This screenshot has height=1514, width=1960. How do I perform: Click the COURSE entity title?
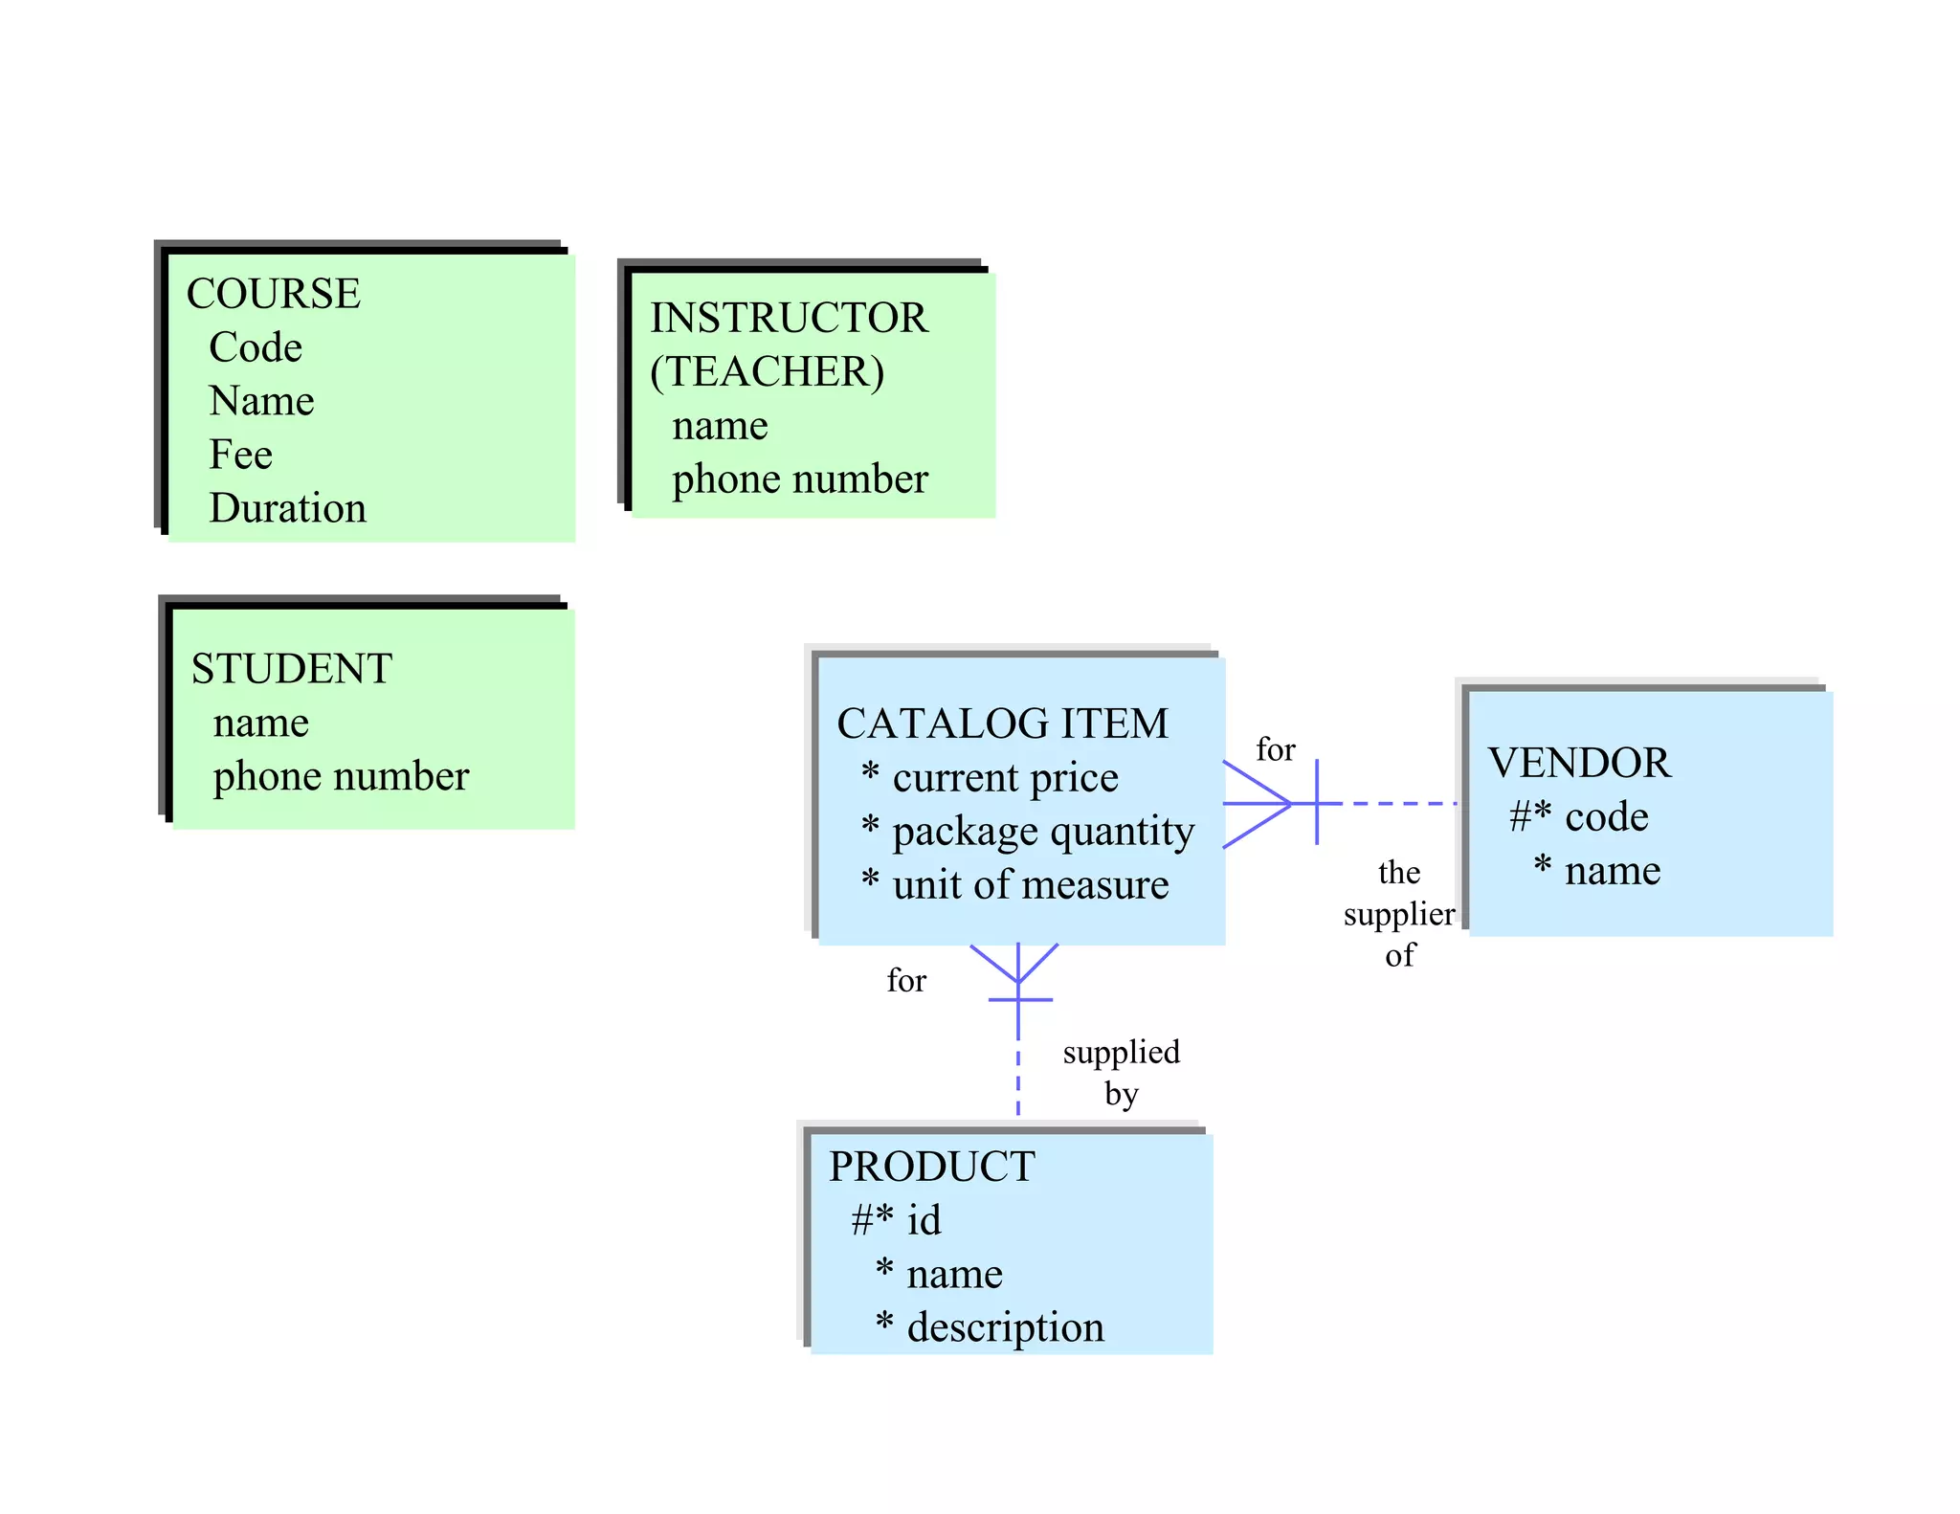coord(273,293)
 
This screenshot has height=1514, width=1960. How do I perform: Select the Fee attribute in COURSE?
coord(240,454)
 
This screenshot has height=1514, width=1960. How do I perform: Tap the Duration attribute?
coord(287,507)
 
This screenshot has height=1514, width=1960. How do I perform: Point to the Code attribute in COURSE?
coord(255,346)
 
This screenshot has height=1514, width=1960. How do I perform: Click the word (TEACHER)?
coord(767,371)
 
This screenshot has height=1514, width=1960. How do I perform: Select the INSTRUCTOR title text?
coord(789,318)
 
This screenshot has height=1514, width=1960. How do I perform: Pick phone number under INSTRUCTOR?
coord(799,479)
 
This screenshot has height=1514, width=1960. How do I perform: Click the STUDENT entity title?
coord(291,668)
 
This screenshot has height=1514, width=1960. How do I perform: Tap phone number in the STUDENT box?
coord(341,775)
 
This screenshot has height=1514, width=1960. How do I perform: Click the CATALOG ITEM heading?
coord(1002,724)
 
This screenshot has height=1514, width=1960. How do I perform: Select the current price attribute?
coord(1004,777)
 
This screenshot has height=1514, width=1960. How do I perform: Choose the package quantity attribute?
coord(1042,831)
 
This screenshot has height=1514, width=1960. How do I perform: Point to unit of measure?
coord(1030,884)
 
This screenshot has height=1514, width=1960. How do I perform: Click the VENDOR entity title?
coord(1579,763)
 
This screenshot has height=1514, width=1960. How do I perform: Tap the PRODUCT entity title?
coord(931,1166)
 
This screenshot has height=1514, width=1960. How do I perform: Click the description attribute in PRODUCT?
coord(1005,1327)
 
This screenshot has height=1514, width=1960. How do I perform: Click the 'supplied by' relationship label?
coord(1121,1072)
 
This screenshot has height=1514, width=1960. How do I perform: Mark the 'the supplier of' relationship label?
coord(1398,913)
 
